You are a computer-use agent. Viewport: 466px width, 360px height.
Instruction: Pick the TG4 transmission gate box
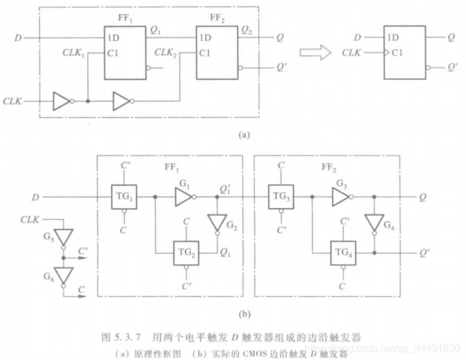[x=344, y=253]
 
